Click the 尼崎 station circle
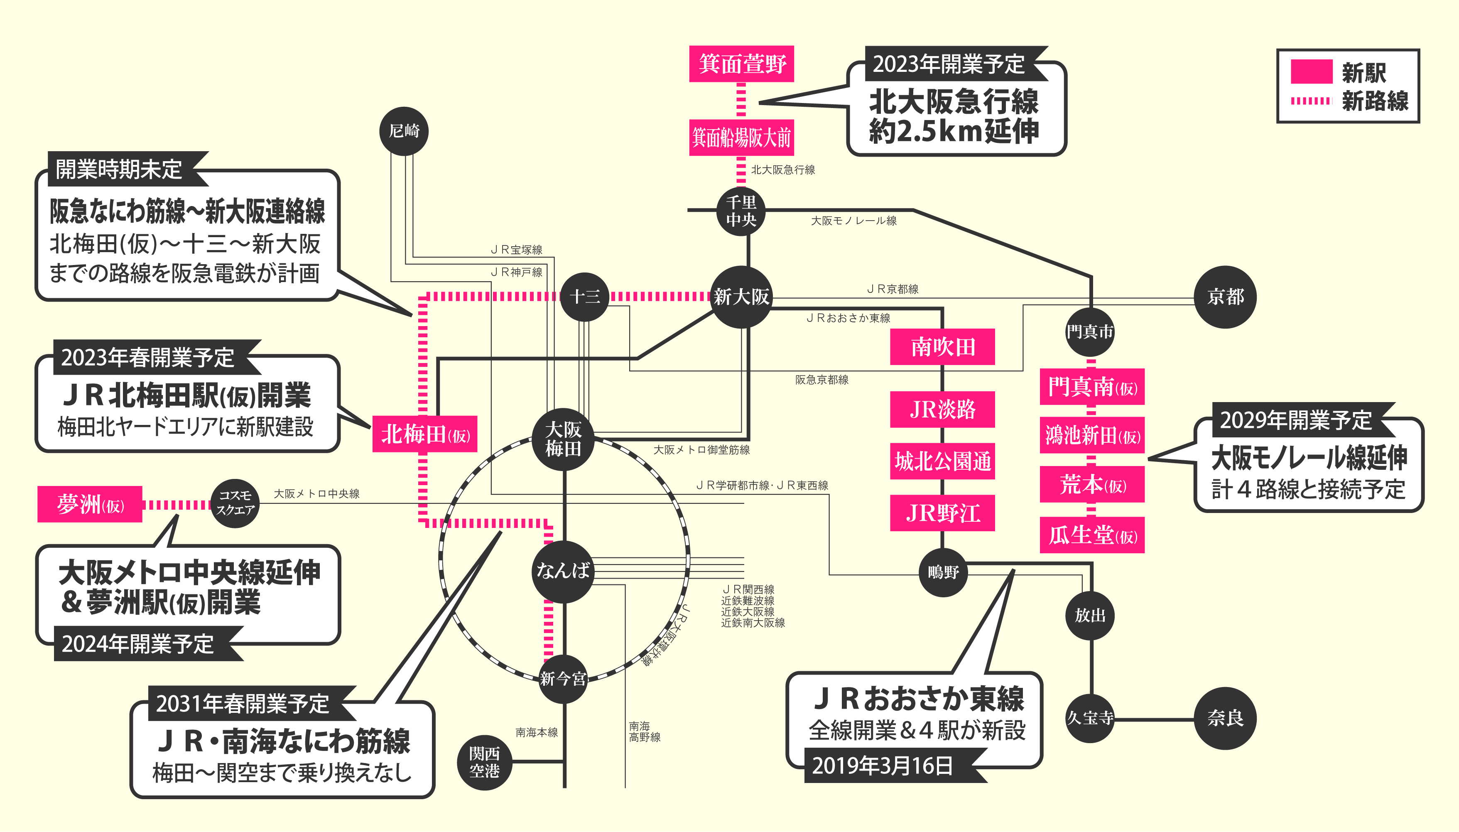point(404,131)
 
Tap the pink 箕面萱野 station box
point(741,64)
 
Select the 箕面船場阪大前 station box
point(741,137)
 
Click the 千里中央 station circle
point(741,211)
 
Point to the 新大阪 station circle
point(741,297)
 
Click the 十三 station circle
point(584,297)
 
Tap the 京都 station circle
point(1225,297)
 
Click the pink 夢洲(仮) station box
point(90,504)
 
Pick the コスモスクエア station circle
point(235,503)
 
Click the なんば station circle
point(563,571)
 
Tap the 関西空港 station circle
point(484,762)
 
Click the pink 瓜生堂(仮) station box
point(1092,535)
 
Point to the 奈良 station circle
point(1225,718)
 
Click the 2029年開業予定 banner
point(1296,420)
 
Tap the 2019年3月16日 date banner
point(883,766)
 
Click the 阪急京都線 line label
point(821,379)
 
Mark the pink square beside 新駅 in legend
point(1312,72)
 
